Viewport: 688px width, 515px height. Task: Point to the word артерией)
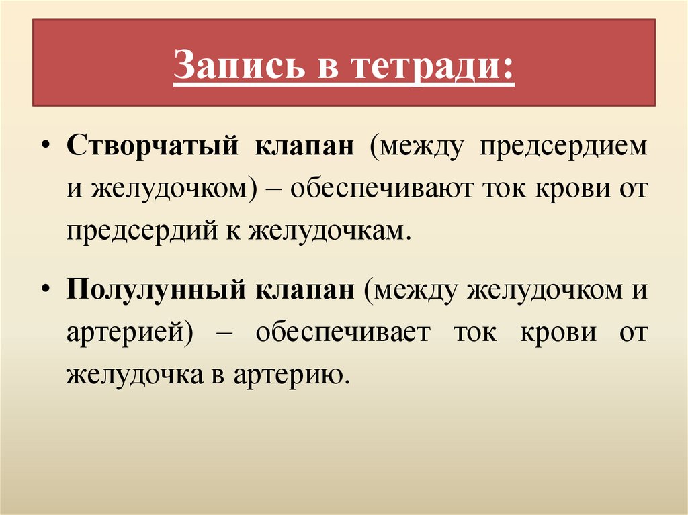click(x=126, y=334)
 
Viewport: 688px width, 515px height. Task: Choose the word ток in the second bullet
click(x=475, y=334)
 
